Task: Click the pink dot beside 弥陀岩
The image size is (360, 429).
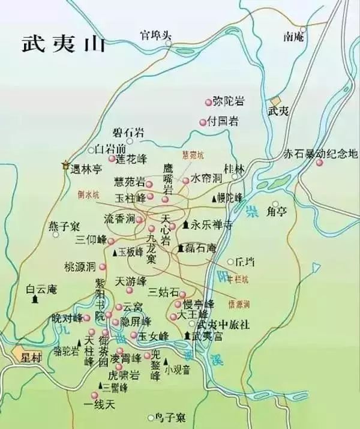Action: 209,102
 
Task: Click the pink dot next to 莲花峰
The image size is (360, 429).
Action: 112,159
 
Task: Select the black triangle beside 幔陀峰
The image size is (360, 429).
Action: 213,198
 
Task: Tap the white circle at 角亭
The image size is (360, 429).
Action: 275,204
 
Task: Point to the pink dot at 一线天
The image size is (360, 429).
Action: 94,394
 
